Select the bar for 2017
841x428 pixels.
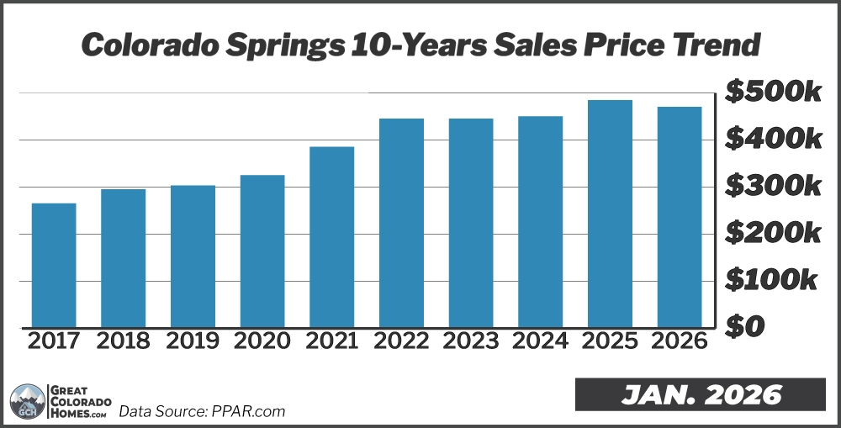54,265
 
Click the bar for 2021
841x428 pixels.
331,236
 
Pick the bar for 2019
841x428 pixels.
193,256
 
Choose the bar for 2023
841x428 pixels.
471,223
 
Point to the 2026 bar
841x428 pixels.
680,217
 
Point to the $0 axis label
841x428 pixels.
745,325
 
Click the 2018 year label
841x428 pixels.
123,341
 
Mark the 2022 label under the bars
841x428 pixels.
401,341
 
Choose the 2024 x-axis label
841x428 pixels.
540,341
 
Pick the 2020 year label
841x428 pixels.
262,341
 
